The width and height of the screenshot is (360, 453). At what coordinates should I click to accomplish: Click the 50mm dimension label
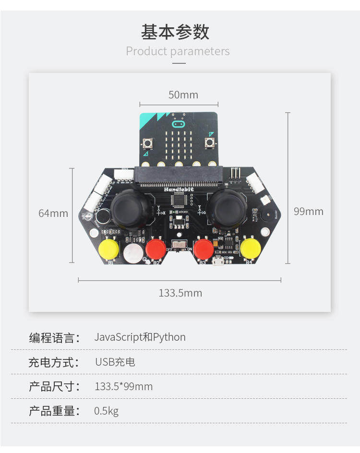[x=183, y=95]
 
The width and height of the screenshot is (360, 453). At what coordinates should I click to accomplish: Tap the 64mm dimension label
[x=53, y=213]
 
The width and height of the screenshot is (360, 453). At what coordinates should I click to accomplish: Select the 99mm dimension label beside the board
[x=308, y=211]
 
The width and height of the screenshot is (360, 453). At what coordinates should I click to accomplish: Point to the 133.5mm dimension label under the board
[x=180, y=293]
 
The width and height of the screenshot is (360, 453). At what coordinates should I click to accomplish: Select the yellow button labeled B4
[x=250, y=248]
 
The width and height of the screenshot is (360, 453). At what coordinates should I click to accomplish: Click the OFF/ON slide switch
[x=180, y=246]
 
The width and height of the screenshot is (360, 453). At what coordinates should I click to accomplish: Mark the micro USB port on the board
[x=217, y=261]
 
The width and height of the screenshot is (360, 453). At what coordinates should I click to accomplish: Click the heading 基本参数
[x=175, y=32]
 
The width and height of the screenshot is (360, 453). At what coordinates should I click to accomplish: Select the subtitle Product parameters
[x=178, y=51]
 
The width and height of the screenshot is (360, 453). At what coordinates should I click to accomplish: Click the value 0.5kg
[x=106, y=411]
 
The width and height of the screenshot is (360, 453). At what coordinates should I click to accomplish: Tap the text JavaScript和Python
[x=140, y=337]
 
